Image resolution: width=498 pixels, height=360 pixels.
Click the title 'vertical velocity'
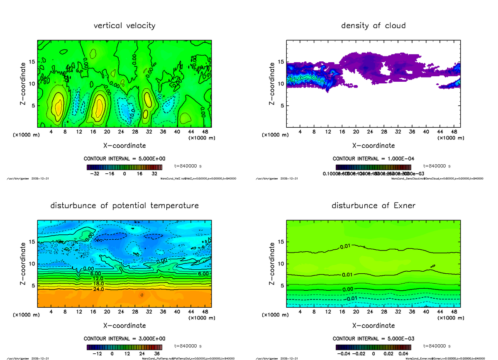pyautogui.click(x=124, y=26)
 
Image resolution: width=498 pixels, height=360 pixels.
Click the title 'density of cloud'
pyautogui.click(x=373, y=26)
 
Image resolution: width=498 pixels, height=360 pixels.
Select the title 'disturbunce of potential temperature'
pyautogui.click(x=124, y=206)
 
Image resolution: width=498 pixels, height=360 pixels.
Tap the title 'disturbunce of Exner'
pyautogui.click(x=373, y=206)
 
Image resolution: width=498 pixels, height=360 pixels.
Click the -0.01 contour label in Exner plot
pyautogui.click(x=351, y=298)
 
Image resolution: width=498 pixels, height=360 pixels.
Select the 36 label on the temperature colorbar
pyautogui.click(x=156, y=354)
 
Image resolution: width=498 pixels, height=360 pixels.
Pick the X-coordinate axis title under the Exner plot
pyautogui.click(x=373, y=326)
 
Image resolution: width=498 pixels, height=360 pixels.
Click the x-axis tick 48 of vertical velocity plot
pyautogui.click(x=205, y=132)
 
